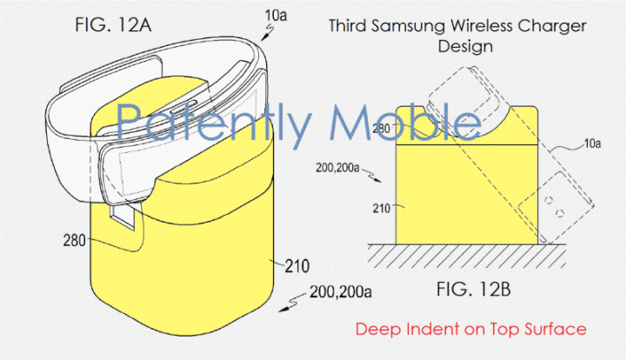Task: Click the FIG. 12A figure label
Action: [x=113, y=25]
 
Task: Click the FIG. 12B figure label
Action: [x=474, y=289]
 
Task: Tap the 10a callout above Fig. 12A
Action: [x=276, y=15]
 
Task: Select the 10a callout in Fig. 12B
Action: [x=592, y=143]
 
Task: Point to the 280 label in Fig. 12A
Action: [x=74, y=241]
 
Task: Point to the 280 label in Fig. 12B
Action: [x=381, y=129]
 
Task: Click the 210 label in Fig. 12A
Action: [x=297, y=266]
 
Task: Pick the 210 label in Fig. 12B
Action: [x=382, y=208]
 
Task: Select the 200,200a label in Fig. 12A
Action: [x=341, y=292]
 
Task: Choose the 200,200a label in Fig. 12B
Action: [x=337, y=168]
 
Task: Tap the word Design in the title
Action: [x=465, y=46]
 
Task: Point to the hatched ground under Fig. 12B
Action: [x=467, y=256]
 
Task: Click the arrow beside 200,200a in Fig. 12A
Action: [x=293, y=303]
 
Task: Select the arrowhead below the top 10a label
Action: [x=263, y=38]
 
